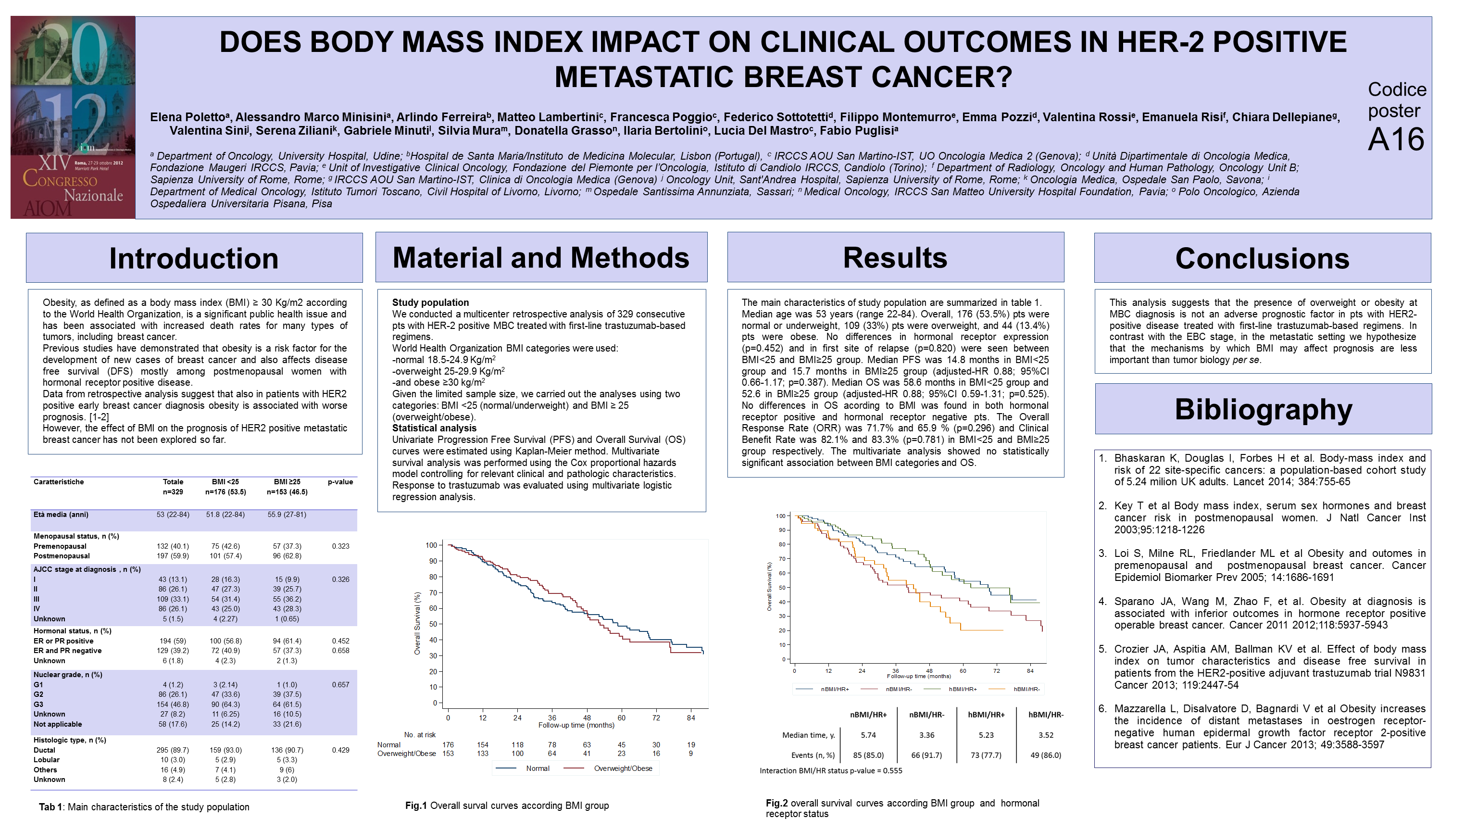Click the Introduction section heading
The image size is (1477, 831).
click(194, 258)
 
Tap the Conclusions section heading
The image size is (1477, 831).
click(1262, 258)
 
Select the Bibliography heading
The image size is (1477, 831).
click(1263, 409)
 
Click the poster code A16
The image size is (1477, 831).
click(1396, 139)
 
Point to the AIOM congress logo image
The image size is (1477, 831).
click(73, 117)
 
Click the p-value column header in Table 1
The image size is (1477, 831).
click(340, 482)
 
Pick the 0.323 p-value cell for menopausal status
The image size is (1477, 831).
click(340, 546)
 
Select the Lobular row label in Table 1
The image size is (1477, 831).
click(47, 760)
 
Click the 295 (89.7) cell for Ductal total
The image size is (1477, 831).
click(173, 750)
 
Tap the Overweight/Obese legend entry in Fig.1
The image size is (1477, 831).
click(623, 768)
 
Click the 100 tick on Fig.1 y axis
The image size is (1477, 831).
click(431, 545)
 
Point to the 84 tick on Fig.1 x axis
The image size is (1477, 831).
click(691, 718)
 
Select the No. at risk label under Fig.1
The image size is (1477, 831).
click(420, 735)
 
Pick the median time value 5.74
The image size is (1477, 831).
click(868, 735)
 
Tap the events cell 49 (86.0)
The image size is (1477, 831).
click(1046, 755)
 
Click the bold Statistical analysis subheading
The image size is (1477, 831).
click(434, 428)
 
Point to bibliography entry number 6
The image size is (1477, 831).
click(1102, 709)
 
